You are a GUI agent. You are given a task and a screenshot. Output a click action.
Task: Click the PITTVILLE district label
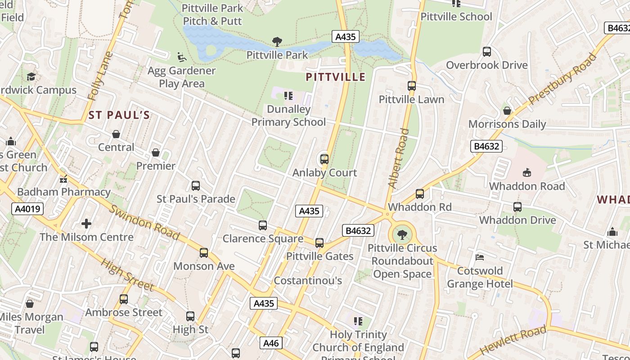coord(335,77)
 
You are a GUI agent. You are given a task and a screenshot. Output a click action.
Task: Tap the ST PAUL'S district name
coord(119,115)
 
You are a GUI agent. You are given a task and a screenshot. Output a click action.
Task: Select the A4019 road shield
coord(27,209)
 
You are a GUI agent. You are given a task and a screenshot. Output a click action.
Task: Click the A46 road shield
coord(271,343)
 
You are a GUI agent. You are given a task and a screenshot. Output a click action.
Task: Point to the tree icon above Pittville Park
coord(277,42)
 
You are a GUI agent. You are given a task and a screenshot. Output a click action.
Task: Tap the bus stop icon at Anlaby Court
coord(324,159)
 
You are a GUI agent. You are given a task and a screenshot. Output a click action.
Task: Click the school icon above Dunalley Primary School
coord(288,96)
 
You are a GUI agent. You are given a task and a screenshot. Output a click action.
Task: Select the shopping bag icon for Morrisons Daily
coord(507,111)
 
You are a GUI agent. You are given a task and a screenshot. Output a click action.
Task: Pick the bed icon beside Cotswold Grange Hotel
coord(480,257)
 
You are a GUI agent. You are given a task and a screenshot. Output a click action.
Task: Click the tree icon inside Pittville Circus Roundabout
coord(402,234)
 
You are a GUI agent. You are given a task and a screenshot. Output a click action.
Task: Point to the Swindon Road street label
coord(144,223)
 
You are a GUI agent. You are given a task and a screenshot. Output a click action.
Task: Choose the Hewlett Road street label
coord(513,341)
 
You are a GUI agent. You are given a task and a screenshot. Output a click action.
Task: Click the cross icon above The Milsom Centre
coord(86,224)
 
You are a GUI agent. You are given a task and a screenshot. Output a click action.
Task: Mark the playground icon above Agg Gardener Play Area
coord(182,57)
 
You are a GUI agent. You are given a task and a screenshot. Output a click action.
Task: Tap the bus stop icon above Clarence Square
coord(263,225)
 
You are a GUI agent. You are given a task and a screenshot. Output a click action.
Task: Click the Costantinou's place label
coord(308,281)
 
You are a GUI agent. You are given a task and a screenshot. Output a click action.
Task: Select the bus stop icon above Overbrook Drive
coord(486,52)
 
